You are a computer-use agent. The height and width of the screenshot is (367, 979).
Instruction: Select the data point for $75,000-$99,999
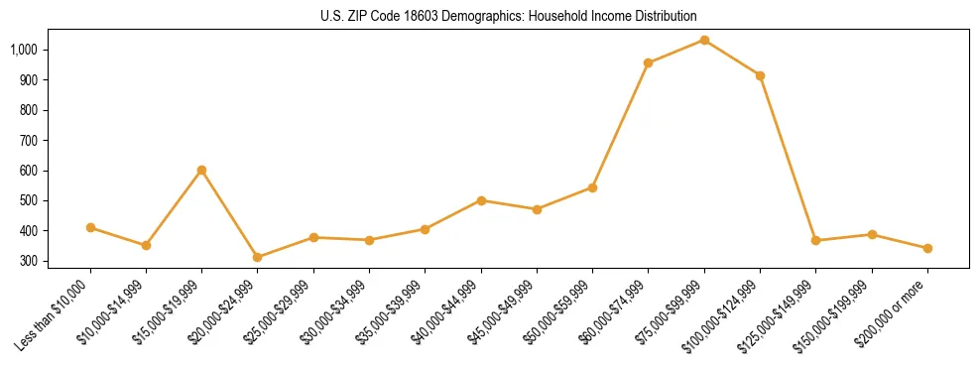[x=704, y=40]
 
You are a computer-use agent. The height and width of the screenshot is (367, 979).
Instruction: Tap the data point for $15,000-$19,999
[x=201, y=170]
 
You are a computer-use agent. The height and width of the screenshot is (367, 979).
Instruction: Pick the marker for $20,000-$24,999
[x=258, y=257]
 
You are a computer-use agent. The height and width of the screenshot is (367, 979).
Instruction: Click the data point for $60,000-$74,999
[x=648, y=62]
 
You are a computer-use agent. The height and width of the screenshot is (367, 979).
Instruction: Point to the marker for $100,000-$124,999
[x=760, y=75]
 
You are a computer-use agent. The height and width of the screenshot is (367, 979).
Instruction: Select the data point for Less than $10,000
[x=90, y=227]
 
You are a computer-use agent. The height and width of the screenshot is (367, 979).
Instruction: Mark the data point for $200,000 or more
[x=927, y=248]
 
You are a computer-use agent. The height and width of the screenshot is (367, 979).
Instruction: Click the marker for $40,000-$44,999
[x=481, y=200]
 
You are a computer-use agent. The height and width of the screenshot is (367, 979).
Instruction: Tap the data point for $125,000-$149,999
[x=815, y=240]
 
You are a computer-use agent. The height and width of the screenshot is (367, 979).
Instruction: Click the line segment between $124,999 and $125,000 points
[x=788, y=158]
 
